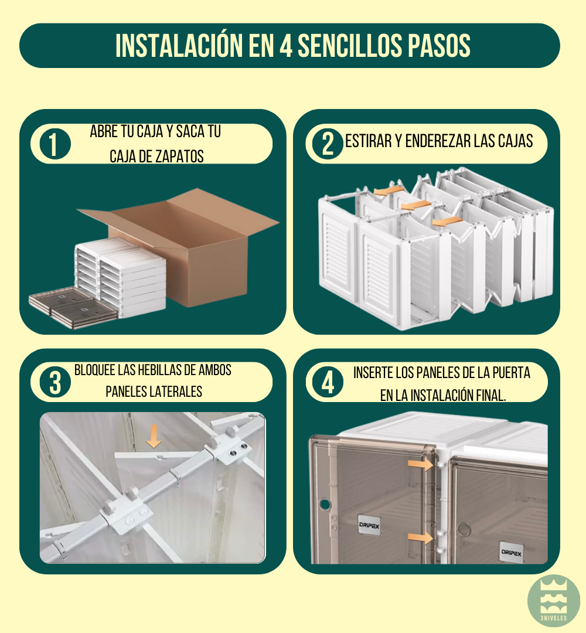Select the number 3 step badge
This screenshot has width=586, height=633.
[x=54, y=382]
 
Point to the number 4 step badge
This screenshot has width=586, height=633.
[x=328, y=382]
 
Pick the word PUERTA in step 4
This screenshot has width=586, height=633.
[x=510, y=373]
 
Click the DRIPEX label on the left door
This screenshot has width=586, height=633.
[x=369, y=526]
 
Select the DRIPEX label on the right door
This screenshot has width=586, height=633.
[x=511, y=552]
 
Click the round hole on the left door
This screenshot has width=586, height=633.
[x=322, y=504]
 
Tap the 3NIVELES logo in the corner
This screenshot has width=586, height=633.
[x=553, y=601]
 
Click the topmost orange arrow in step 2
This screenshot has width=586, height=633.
[x=385, y=191]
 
